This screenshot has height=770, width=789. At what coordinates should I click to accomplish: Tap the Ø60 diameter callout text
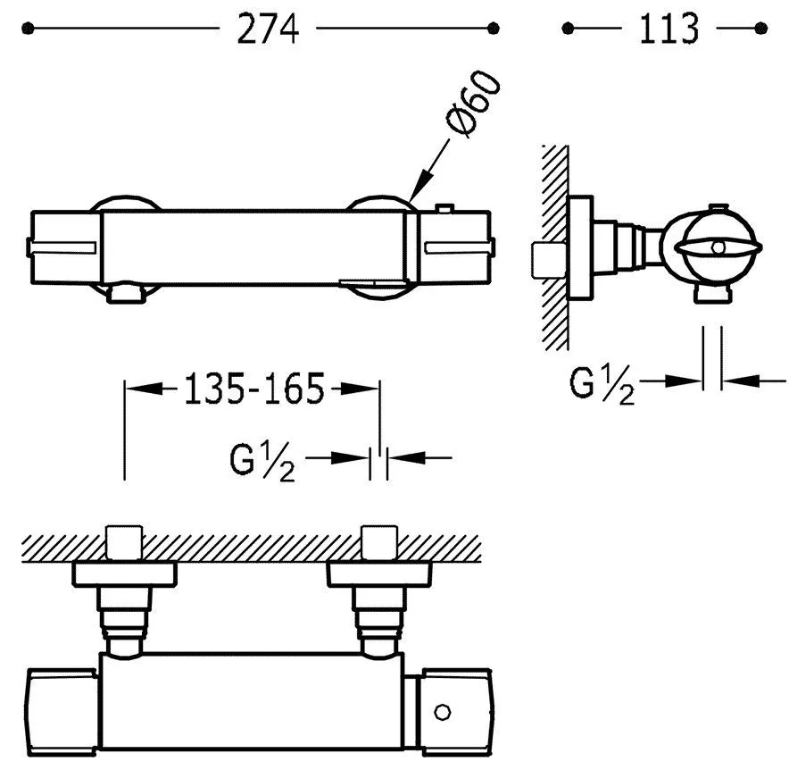(473, 105)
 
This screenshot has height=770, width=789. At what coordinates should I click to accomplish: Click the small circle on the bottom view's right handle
(440, 712)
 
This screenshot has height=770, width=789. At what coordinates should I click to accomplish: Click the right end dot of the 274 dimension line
(494, 29)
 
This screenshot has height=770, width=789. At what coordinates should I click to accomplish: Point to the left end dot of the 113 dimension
(566, 29)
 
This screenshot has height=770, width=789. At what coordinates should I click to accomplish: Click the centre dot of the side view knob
(718, 246)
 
